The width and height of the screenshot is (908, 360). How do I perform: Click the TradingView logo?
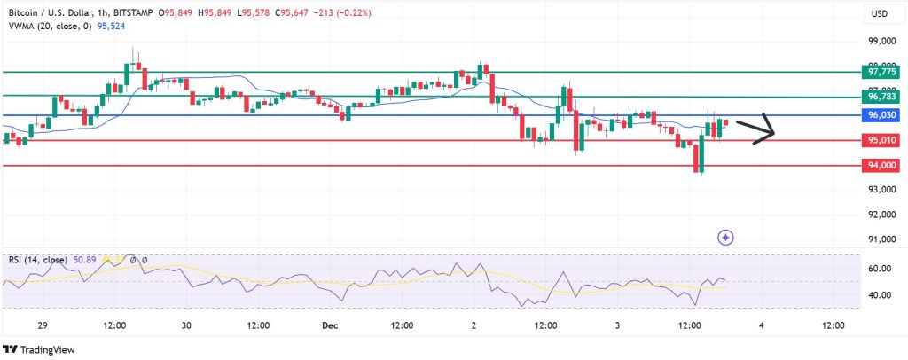tap(40, 348)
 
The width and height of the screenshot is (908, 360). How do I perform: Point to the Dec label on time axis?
tap(329, 325)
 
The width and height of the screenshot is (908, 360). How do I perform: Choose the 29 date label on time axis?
tap(43, 325)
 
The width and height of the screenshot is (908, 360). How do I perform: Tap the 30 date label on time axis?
tap(186, 325)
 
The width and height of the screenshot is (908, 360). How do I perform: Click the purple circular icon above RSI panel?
tap(725, 237)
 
